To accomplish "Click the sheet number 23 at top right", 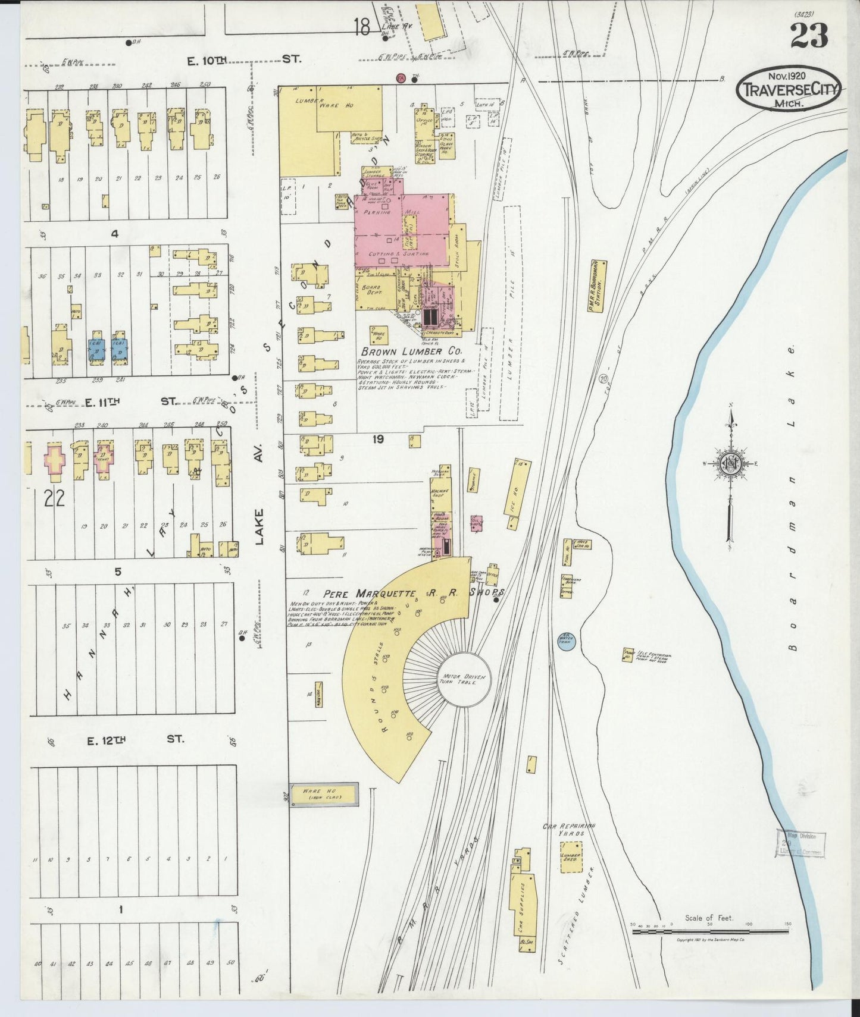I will coord(809,37).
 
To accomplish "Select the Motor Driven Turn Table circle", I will coord(464,680).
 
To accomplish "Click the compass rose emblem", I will coord(729,464).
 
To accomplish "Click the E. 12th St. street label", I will coord(136,740).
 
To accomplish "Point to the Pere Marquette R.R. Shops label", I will coord(414,593).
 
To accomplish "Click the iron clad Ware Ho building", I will coord(324,794).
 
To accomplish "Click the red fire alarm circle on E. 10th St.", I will coord(401,78).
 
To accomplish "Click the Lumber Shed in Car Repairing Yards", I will coord(571,857).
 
